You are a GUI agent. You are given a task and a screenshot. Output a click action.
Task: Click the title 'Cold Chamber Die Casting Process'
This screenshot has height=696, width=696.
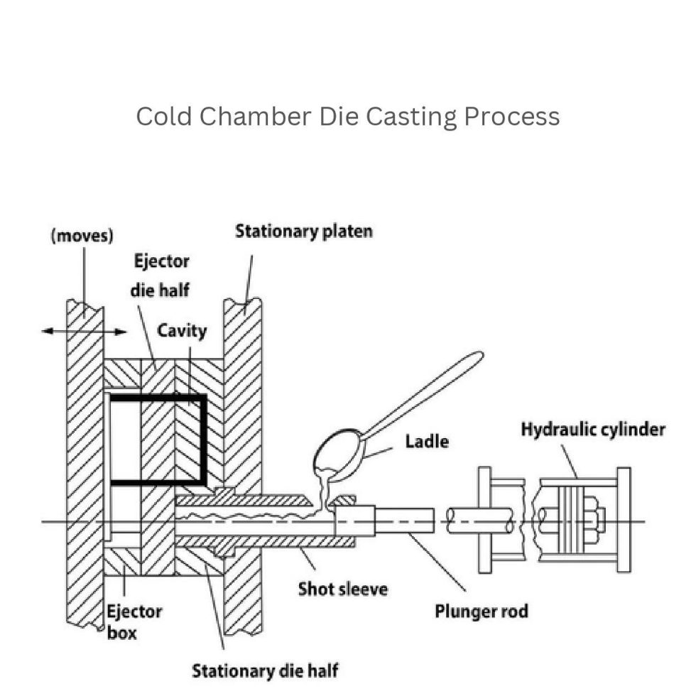pos(347,116)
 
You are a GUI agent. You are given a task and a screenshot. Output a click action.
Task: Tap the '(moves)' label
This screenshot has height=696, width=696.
pos(82,236)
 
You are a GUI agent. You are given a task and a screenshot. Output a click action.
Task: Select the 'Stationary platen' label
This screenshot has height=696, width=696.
pos(303,231)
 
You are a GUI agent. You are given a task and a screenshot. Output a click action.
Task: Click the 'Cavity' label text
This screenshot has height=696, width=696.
pos(182,330)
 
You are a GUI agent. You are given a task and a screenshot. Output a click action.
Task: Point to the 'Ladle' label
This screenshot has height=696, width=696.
pos(427,441)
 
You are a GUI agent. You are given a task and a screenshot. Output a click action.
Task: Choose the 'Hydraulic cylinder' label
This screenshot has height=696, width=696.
pos(593,430)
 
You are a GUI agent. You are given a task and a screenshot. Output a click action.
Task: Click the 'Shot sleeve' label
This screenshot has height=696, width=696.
pos(343,589)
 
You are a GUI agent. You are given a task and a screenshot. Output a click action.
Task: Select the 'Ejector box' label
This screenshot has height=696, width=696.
pos(134,621)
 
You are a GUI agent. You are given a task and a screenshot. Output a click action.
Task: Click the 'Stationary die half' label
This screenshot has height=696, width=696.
pos(265,670)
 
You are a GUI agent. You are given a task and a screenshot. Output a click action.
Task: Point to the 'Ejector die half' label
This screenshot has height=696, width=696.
pos(161,276)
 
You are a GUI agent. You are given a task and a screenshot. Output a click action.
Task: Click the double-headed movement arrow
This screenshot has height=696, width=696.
pos(84,331)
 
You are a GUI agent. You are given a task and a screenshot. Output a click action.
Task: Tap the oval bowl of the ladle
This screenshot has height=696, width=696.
pos(338,455)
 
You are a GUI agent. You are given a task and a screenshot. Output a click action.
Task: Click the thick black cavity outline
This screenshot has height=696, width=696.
pos(204,440)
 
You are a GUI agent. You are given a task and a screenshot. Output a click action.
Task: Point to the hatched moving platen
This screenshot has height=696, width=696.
pos(85,462)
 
